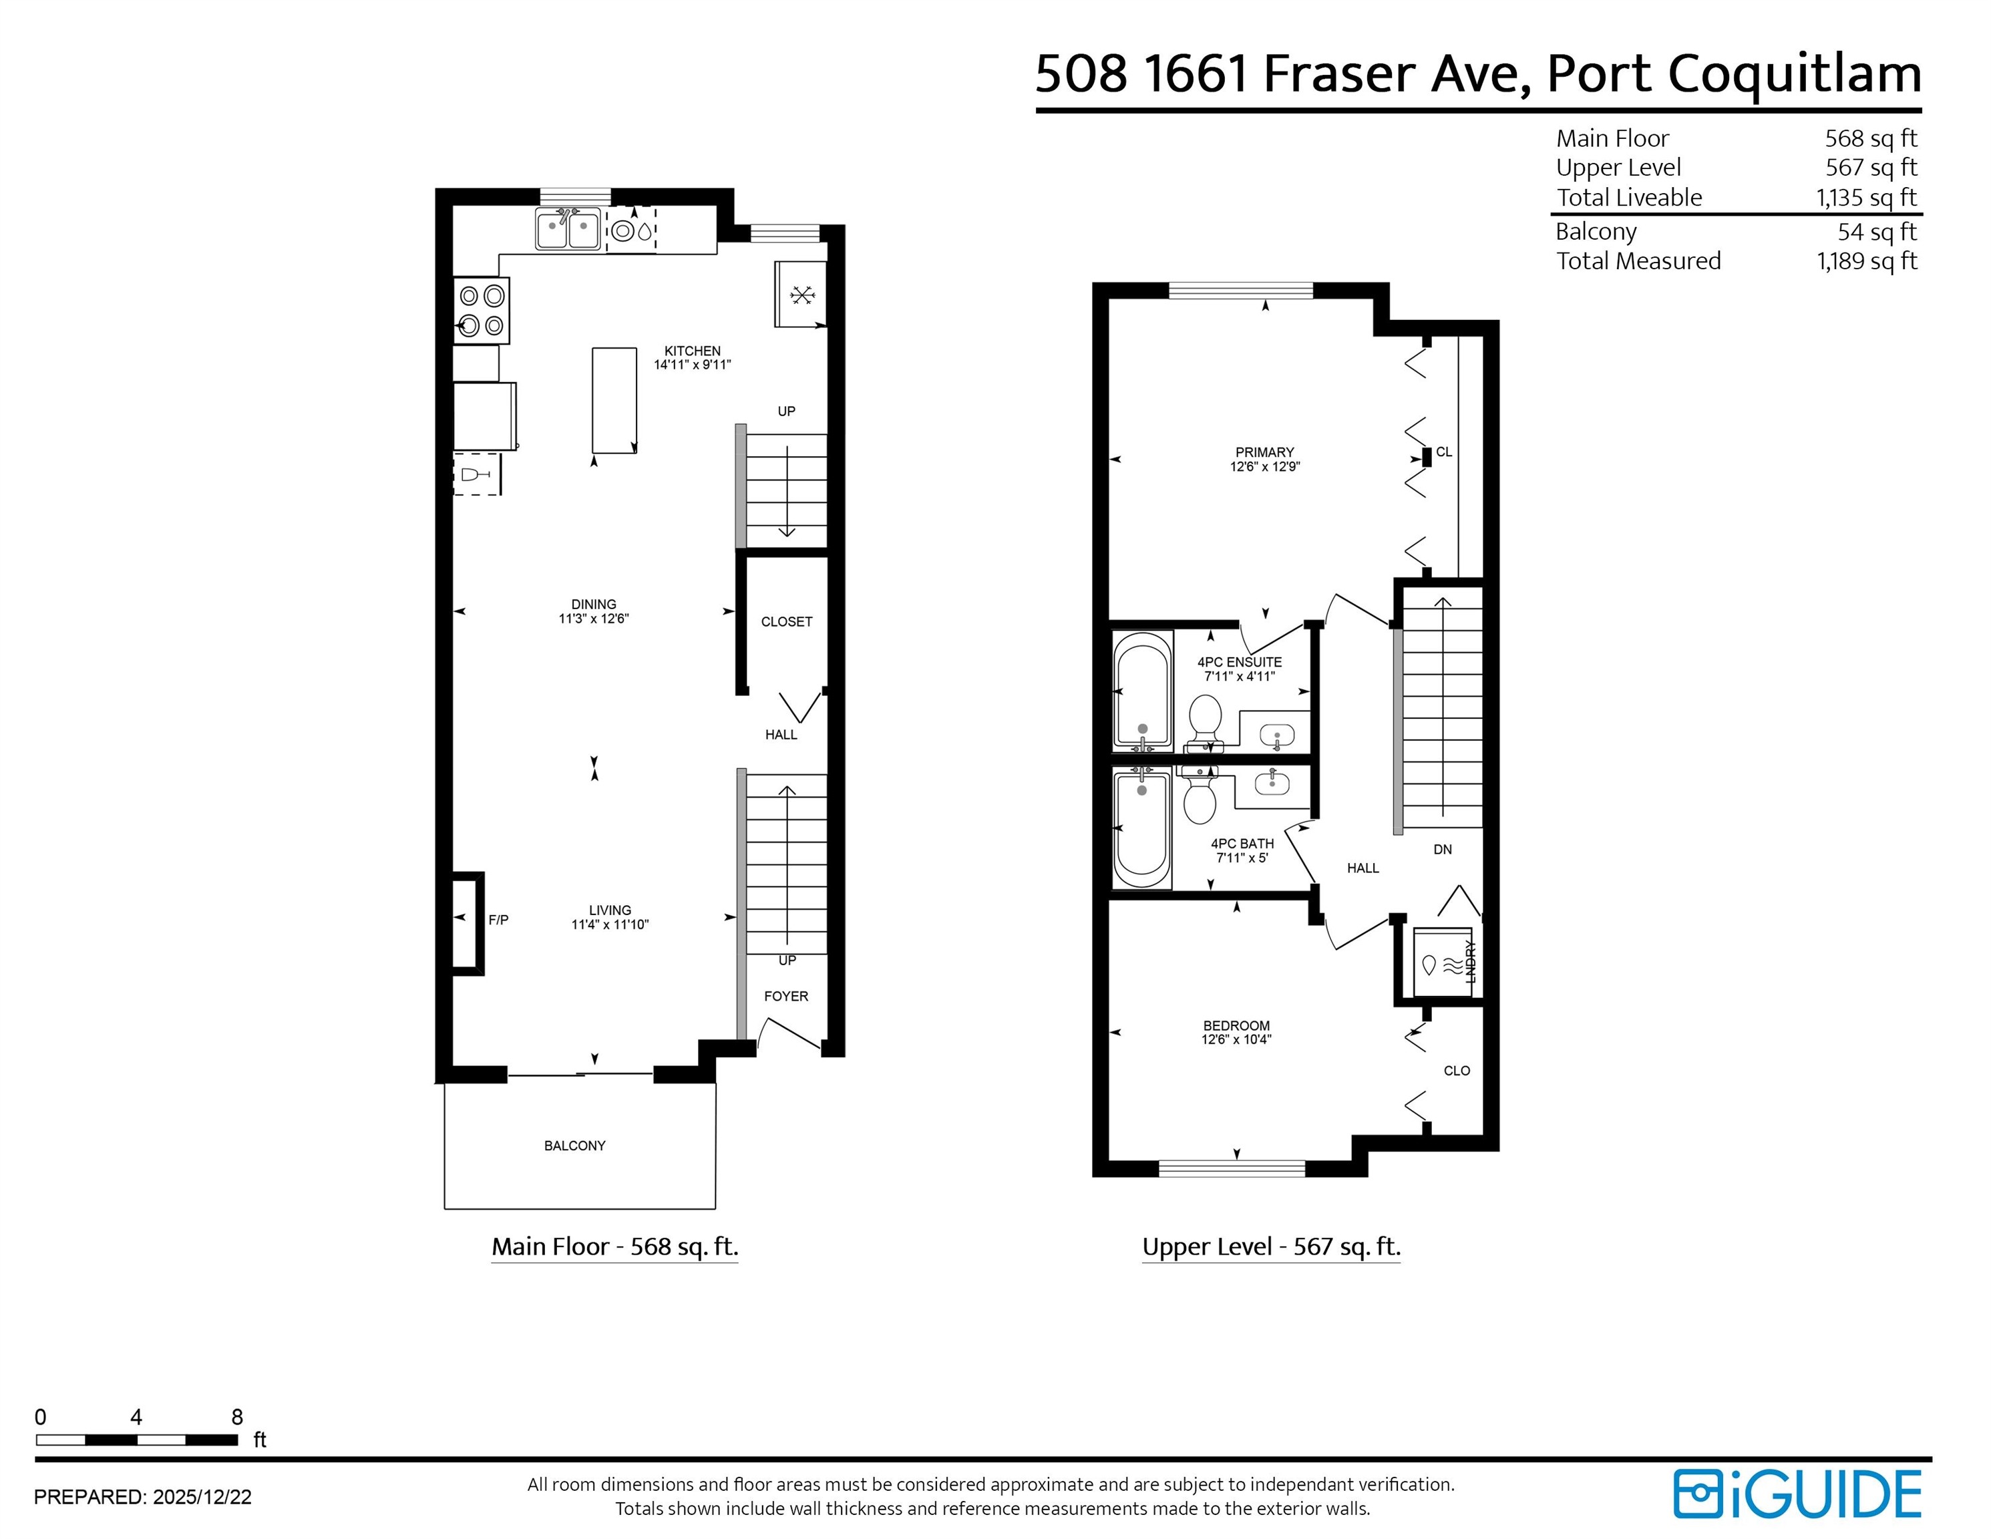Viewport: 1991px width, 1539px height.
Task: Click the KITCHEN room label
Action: point(692,351)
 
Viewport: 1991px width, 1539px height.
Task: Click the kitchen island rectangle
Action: point(614,399)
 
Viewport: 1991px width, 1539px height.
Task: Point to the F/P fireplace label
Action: point(498,920)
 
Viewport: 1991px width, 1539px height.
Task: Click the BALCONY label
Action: point(574,1146)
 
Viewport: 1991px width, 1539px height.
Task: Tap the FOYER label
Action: point(786,997)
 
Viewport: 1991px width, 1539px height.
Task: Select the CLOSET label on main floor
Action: point(786,622)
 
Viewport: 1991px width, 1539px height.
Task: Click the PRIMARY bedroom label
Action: point(1264,452)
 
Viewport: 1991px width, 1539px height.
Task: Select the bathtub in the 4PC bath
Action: point(1141,828)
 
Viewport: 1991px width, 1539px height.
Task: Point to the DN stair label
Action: point(1442,850)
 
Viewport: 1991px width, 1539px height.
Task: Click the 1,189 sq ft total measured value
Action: point(1866,262)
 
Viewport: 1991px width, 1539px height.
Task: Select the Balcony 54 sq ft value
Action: point(1876,232)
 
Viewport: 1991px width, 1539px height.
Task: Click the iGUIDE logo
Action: point(1796,1495)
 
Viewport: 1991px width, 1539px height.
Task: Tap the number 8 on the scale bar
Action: point(237,1417)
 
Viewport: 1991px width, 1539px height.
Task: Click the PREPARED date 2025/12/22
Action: point(202,1497)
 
